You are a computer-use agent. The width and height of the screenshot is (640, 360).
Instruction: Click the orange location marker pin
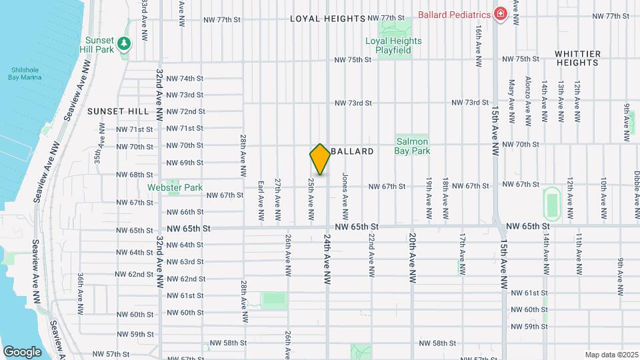pyautogui.click(x=320, y=159)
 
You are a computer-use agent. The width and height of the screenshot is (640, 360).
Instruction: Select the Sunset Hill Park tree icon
pyautogui.click(x=123, y=44)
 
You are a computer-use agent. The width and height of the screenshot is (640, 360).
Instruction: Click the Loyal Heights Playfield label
pyautogui.click(x=393, y=45)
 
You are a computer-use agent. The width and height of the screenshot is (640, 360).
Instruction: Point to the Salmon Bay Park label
pyautogui.click(x=413, y=146)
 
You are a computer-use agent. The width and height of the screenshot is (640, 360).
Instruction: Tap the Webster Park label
pyautogui.click(x=175, y=188)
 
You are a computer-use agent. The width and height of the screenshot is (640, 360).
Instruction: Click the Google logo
pyautogui.click(x=22, y=351)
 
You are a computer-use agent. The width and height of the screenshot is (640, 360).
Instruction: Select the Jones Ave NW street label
pyautogui.click(x=345, y=198)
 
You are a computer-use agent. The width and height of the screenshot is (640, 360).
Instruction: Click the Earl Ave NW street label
pyautogui.click(x=261, y=201)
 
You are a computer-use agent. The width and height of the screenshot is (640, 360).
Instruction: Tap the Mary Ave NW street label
pyautogui.click(x=512, y=102)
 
